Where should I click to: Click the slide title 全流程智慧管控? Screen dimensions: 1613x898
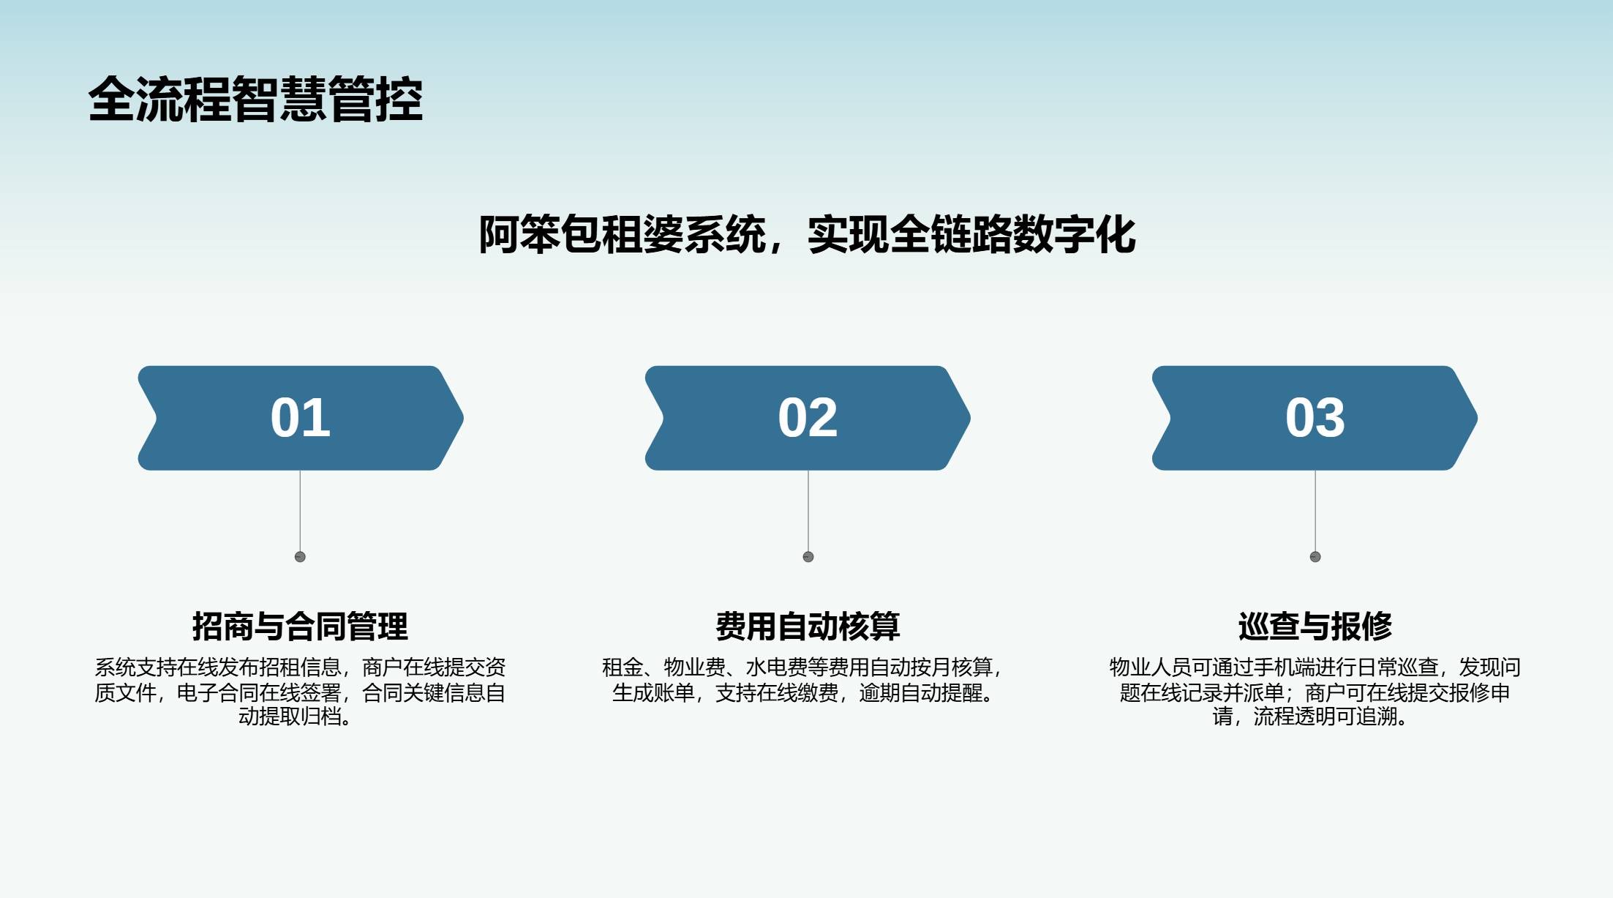click(255, 99)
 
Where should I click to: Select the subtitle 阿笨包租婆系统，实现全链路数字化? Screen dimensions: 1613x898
click(807, 235)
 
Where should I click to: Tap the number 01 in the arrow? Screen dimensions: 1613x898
click(300, 418)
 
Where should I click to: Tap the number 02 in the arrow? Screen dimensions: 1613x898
click(808, 418)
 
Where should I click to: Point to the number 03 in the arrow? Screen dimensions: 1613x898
click(1315, 418)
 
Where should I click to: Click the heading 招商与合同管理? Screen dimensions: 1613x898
click(300, 626)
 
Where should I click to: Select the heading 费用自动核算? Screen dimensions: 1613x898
click(808, 626)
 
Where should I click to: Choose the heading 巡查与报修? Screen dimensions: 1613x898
click(1315, 626)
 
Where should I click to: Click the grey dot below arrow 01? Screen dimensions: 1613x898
click(300, 557)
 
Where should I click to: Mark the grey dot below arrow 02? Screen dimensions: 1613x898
click(808, 557)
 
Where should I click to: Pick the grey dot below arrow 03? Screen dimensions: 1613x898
click(1315, 557)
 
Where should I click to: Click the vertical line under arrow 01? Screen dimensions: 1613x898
click(300, 511)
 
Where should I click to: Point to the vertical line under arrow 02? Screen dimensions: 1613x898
click(808, 511)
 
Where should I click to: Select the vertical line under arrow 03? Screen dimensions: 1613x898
click(1315, 511)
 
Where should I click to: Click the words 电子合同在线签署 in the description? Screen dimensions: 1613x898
click(259, 692)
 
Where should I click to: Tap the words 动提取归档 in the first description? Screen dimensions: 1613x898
click(290, 716)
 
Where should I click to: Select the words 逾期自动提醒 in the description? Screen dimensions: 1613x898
click(920, 692)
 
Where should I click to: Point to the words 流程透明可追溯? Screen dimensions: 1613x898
click(1326, 716)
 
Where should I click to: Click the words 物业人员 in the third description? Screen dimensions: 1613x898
click(1150, 667)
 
